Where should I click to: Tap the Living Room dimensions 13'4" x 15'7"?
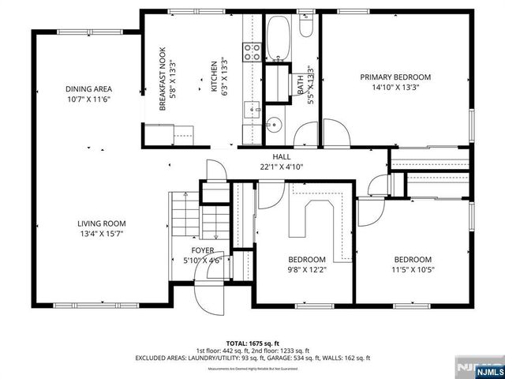click(x=101, y=234)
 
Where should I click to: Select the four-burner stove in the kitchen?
click(x=252, y=52)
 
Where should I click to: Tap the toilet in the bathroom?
click(x=307, y=28)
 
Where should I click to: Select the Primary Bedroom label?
click(x=395, y=77)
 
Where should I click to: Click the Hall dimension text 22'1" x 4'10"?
click(x=282, y=167)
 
